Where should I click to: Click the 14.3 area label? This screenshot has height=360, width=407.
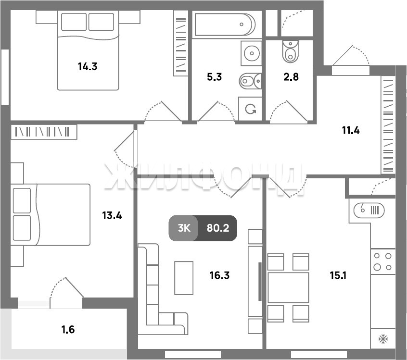click(88, 67)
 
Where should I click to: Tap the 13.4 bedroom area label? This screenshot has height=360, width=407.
click(112, 215)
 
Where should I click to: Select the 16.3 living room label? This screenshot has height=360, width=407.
click(219, 275)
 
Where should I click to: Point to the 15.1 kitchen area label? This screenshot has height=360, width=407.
click(338, 275)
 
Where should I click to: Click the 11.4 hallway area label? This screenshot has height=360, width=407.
click(351, 130)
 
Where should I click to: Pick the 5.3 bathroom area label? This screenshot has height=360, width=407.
click(215, 77)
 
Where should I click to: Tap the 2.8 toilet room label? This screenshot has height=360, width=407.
click(291, 77)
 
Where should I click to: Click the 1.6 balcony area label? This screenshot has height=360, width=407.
click(68, 330)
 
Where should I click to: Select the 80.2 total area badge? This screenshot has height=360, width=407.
click(218, 228)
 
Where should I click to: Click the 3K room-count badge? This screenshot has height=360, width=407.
click(184, 228)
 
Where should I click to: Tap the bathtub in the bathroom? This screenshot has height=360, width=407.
click(225, 25)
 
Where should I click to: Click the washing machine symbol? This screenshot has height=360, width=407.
click(250, 109)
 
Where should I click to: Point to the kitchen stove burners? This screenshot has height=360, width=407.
click(383, 261)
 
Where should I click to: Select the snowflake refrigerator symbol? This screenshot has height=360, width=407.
click(383, 339)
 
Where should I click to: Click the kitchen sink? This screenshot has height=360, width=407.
click(369, 210)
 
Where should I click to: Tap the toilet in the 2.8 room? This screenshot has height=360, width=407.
click(291, 51)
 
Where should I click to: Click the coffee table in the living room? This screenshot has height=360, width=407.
click(184, 278)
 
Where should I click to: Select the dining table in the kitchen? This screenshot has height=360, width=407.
click(288, 287)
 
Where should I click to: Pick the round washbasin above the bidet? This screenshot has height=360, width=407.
click(252, 53)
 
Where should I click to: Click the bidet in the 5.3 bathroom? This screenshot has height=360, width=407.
click(251, 81)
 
